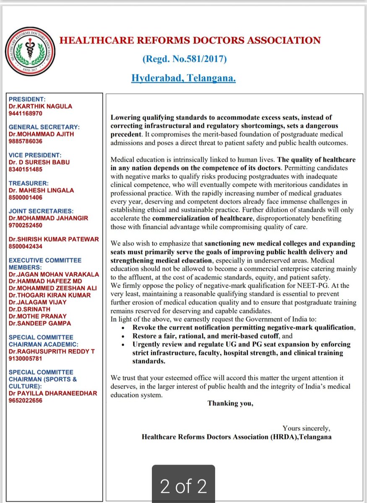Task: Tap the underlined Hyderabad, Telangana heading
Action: coord(183,78)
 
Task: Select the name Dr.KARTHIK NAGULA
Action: coord(40,106)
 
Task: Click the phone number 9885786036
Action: coord(25,141)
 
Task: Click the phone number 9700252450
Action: coord(25,225)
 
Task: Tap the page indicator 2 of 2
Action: coord(183,486)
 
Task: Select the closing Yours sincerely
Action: coord(306,428)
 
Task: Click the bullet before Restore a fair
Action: coord(122,336)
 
